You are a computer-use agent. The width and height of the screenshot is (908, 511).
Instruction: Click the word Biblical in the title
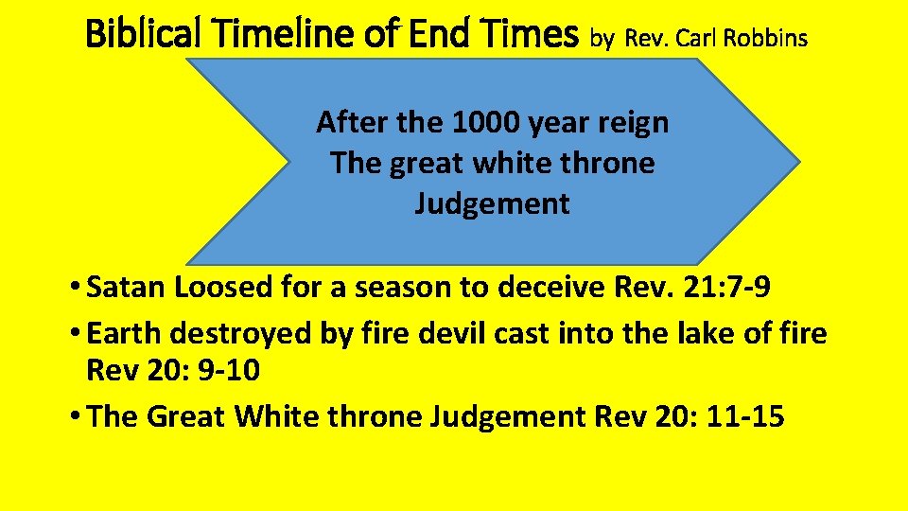(146, 36)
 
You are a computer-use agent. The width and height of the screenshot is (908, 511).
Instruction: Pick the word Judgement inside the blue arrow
(492, 203)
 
